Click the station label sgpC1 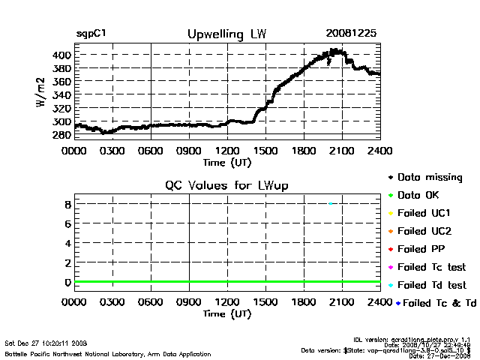91,34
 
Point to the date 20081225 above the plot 352,34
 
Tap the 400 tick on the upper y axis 61,55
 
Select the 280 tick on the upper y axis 61,135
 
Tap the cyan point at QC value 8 331,203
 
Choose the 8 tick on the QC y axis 67,204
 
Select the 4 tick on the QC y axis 67,243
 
